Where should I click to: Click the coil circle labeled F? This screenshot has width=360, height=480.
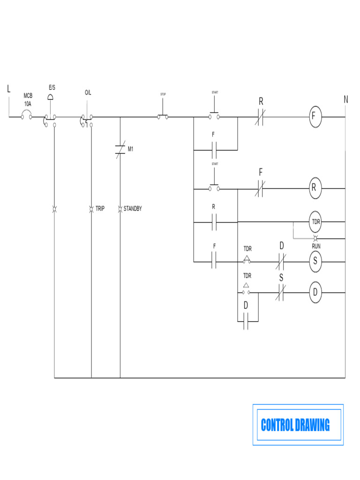[315, 117]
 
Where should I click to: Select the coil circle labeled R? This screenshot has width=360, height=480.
[315, 189]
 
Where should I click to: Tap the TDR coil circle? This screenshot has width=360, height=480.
[315, 222]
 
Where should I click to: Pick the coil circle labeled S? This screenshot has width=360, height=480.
[315, 262]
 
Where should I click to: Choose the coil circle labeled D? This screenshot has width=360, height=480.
[315, 292]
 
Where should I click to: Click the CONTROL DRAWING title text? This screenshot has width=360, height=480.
[295, 425]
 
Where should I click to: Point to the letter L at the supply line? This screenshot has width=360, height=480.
[8, 89]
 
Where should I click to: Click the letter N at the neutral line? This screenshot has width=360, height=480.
[346, 99]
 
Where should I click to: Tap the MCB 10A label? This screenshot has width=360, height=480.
[28, 100]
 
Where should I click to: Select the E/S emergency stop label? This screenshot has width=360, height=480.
[52, 87]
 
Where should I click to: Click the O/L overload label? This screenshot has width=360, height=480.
[88, 93]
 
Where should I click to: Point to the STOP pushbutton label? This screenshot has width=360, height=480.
[163, 94]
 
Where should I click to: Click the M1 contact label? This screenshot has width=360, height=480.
[131, 149]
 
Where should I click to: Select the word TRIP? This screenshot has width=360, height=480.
[100, 209]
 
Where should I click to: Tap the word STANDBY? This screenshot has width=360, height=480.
[133, 209]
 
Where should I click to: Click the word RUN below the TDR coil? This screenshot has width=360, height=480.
[316, 246]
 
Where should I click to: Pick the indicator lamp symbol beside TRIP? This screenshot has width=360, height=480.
[91, 209]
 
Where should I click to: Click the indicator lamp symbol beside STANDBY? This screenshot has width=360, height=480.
[120, 209]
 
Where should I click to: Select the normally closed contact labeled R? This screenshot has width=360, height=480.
[260, 117]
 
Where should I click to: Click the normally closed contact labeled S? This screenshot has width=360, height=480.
[281, 292]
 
